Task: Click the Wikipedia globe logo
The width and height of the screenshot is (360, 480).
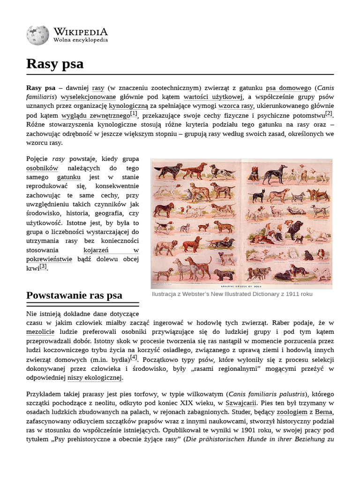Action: (37, 36)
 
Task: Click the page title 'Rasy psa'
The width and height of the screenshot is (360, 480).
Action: (55, 64)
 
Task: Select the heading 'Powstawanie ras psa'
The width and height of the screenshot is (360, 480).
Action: (74, 295)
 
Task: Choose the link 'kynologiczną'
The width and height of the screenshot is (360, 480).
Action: (128, 106)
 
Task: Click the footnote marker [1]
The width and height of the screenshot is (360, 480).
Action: (134, 113)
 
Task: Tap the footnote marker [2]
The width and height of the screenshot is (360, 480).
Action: (329, 113)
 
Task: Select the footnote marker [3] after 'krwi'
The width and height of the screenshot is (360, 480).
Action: (43, 266)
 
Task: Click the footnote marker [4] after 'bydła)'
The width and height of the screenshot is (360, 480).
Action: (134, 357)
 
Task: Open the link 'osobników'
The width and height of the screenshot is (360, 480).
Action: (42, 168)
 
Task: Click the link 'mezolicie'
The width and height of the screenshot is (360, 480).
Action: (40, 332)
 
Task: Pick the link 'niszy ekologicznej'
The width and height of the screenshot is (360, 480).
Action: (95, 377)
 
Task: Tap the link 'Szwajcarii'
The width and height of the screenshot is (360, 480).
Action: (241, 403)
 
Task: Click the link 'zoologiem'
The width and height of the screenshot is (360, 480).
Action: (292, 412)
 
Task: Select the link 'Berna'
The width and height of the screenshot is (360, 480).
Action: (324, 412)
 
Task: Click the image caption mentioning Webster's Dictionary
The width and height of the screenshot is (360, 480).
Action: (232, 294)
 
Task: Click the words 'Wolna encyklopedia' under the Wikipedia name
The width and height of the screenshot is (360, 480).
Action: (81, 40)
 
